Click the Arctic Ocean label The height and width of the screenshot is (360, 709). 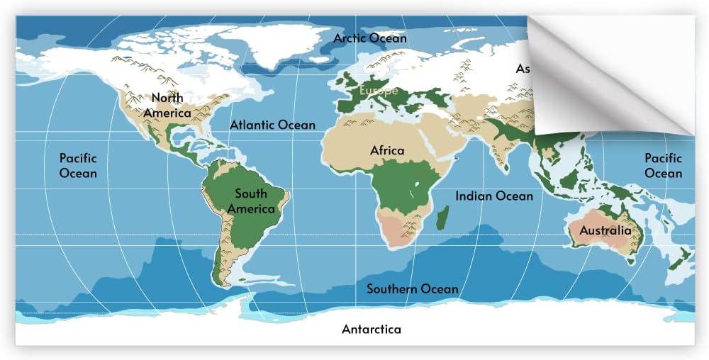pyautogui.click(x=370, y=38)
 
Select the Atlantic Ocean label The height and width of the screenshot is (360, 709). pyautogui.click(x=272, y=125)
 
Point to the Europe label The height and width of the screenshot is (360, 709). pyautogui.click(x=379, y=91)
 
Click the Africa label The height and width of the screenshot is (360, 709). pyautogui.click(x=387, y=150)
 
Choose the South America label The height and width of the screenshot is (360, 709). pyautogui.click(x=251, y=201)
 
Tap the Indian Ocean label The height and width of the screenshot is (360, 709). pyautogui.click(x=493, y=196)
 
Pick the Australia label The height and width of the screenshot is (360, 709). pyautogui.click(x=605, y=230)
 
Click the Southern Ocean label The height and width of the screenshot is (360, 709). pyautogui.click(x=412, y=288)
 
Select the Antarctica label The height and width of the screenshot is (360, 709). pyautogui.click(x=372, y=329)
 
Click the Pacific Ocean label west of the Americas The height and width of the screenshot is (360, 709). pyautogui.click(x=78, y=166)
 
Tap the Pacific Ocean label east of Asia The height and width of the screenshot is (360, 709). pyautogui.click(x=663, y=166)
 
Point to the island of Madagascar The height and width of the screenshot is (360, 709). pyautogui.click(x=442, y=217)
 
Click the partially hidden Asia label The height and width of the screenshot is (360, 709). pyautogui.click(x=523, y=69)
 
